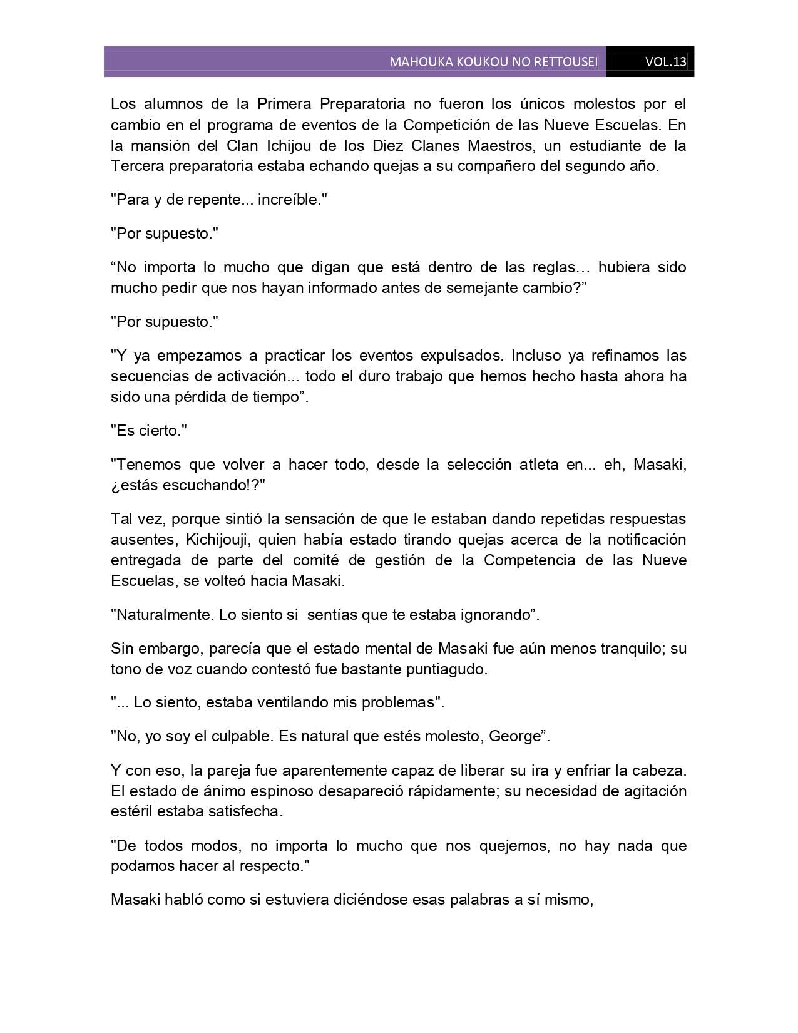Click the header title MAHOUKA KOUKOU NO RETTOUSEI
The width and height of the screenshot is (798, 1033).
493,62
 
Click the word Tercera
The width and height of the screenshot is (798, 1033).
135,166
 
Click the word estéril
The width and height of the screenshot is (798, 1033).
131,811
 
